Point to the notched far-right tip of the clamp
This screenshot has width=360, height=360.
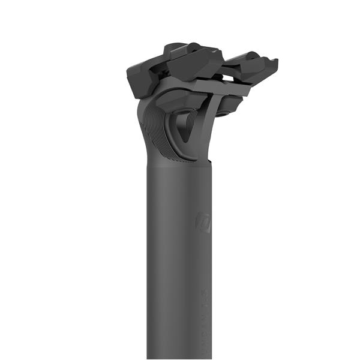pyautogui.click(x=273, y=62)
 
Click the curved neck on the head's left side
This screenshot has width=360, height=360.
pyautogui.click(x=144, y=132)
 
